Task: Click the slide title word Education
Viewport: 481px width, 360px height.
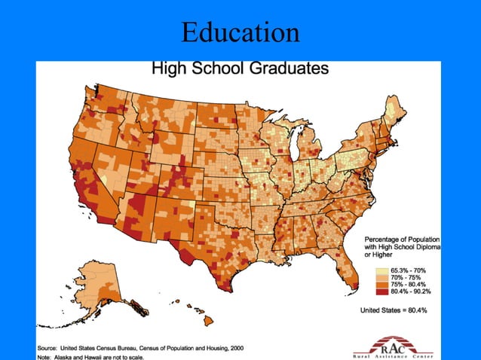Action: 240,32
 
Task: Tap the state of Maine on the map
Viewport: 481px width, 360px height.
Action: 395,112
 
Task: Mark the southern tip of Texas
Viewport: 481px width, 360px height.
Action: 225,289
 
